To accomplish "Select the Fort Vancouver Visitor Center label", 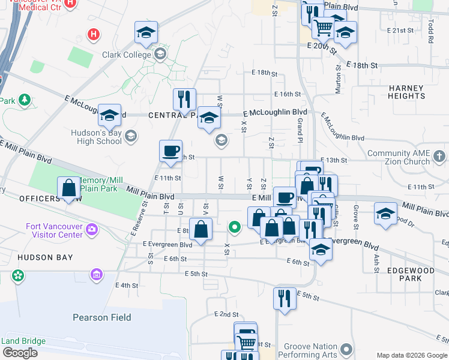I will (55, 231).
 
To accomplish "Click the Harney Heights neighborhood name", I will (406, 92).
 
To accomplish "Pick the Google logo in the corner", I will (19, 352).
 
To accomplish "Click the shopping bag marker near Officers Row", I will (69, 188).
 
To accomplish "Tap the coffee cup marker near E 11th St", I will (171, 150).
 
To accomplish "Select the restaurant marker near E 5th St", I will (284, 298).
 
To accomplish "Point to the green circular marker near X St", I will (235, 227).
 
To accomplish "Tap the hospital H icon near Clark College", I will (93, 34).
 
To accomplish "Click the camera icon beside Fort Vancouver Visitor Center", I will (91, 228).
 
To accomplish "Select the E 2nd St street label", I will (226, 314).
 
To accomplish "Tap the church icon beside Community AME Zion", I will (439, 157).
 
